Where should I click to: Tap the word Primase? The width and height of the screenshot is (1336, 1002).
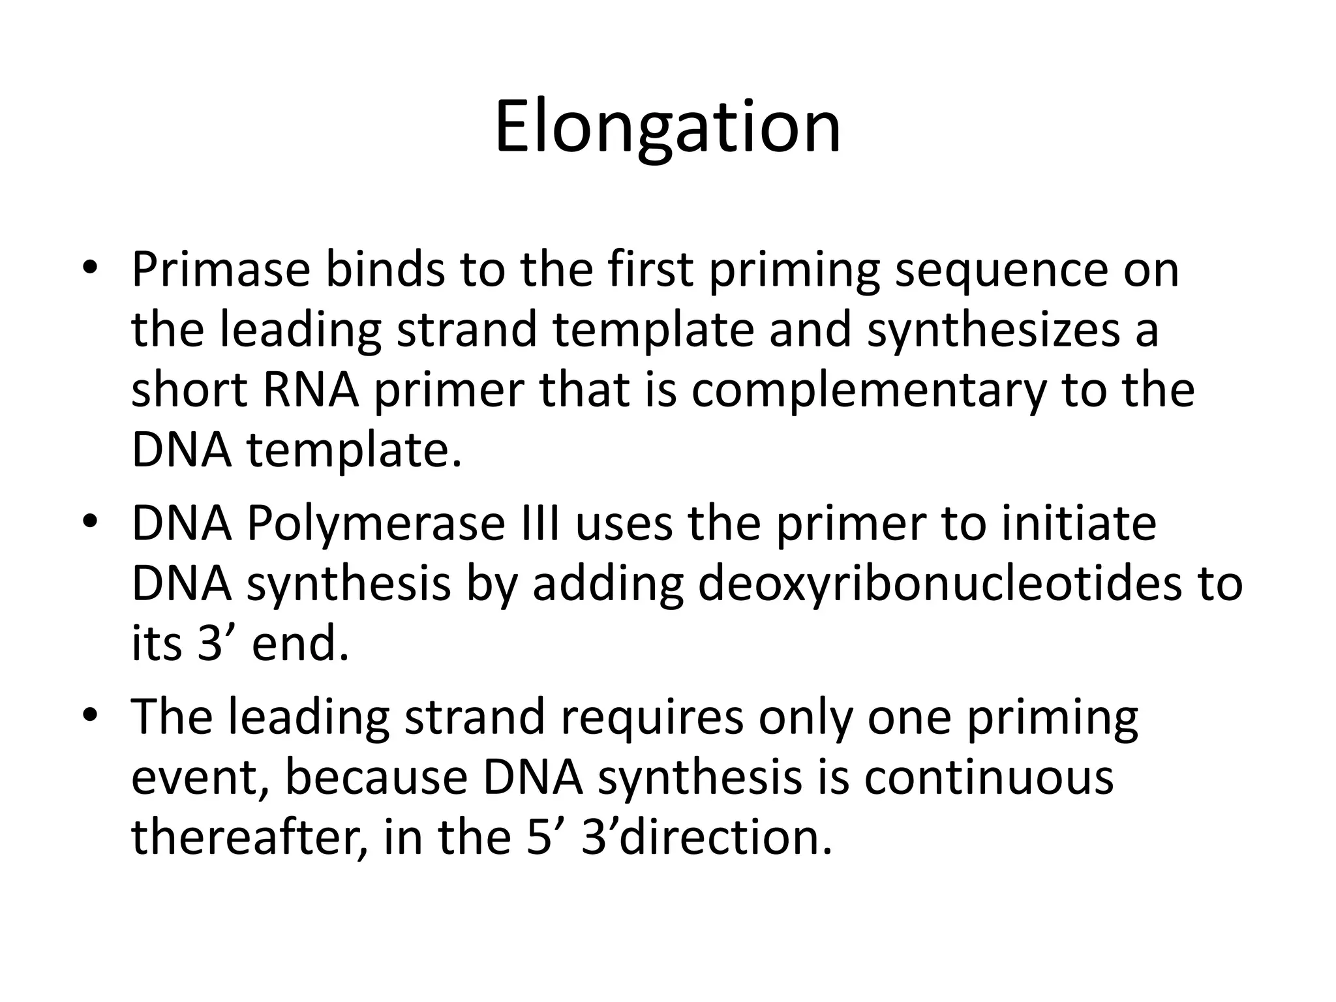(220, 269)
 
